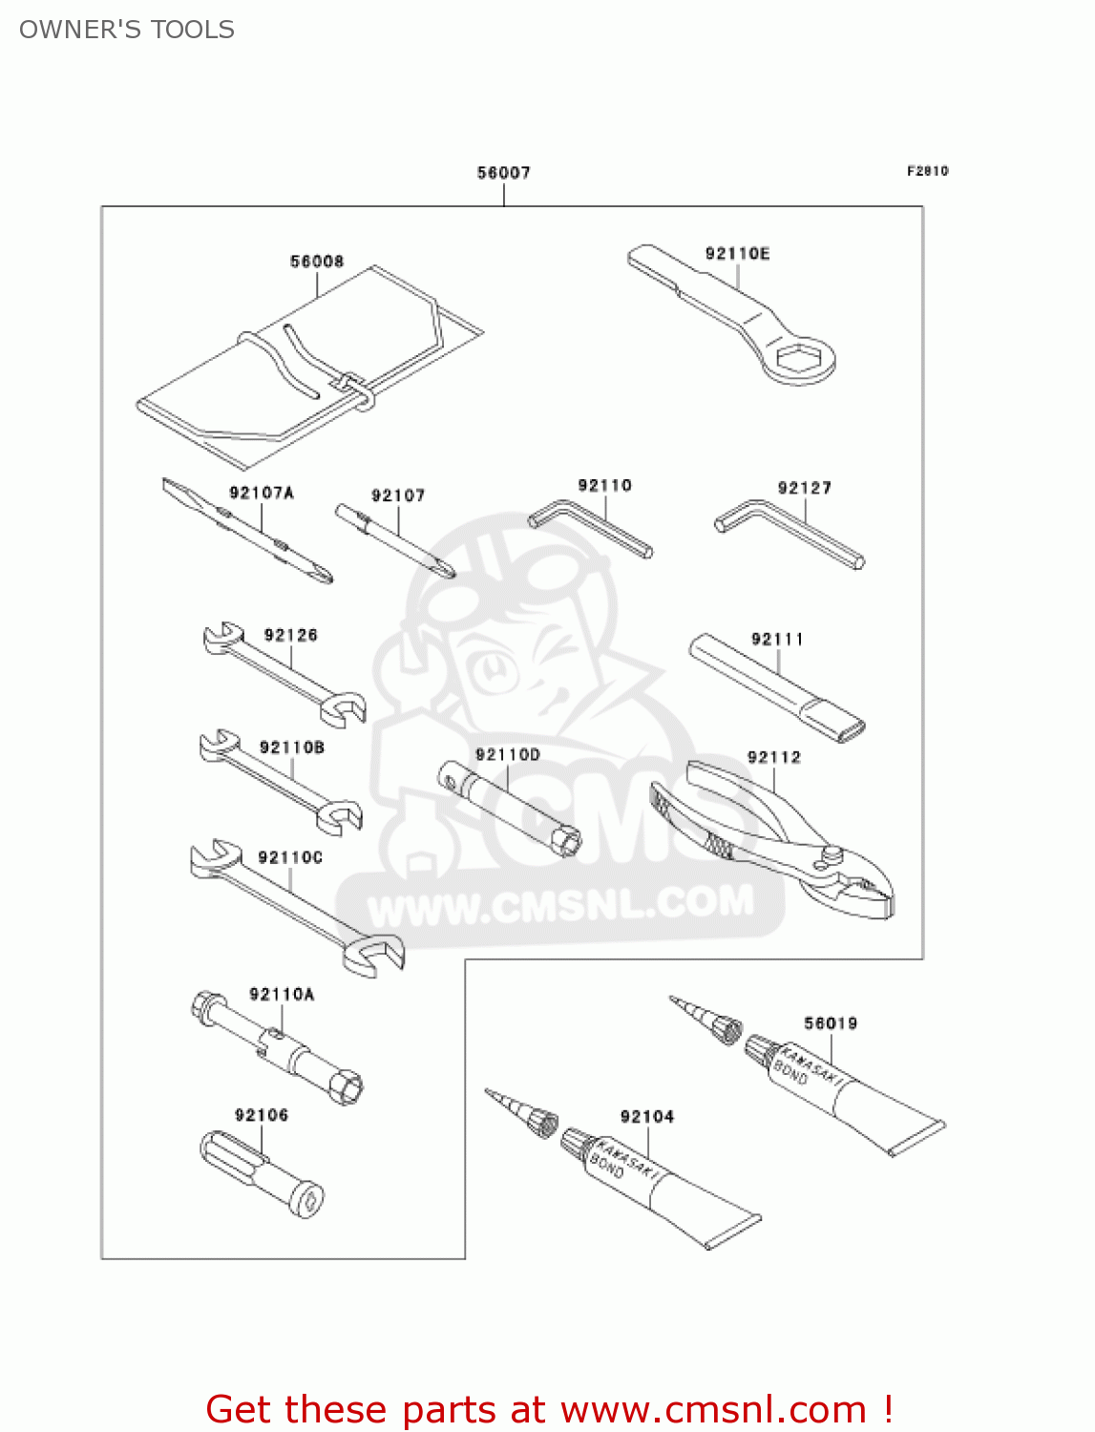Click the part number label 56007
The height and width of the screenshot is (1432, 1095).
[x=503, y=173]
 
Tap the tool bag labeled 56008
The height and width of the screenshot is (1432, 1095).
[x=305, y=363]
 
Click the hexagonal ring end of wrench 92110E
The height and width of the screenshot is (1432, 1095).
[x=801, y=360]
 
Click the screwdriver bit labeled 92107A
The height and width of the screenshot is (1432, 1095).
[x=248, y=532]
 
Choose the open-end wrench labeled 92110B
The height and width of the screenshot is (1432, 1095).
[x=281, y=782]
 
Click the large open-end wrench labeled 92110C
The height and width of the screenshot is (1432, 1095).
[x=296, y=907]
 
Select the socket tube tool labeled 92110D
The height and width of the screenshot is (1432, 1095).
[x=510, y=807]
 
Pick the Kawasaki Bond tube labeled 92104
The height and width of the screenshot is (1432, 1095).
[x=659, y=1189]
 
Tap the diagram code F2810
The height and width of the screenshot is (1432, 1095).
[x=927, y=171]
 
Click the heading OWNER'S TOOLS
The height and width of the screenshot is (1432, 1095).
[x=127, y=30]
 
